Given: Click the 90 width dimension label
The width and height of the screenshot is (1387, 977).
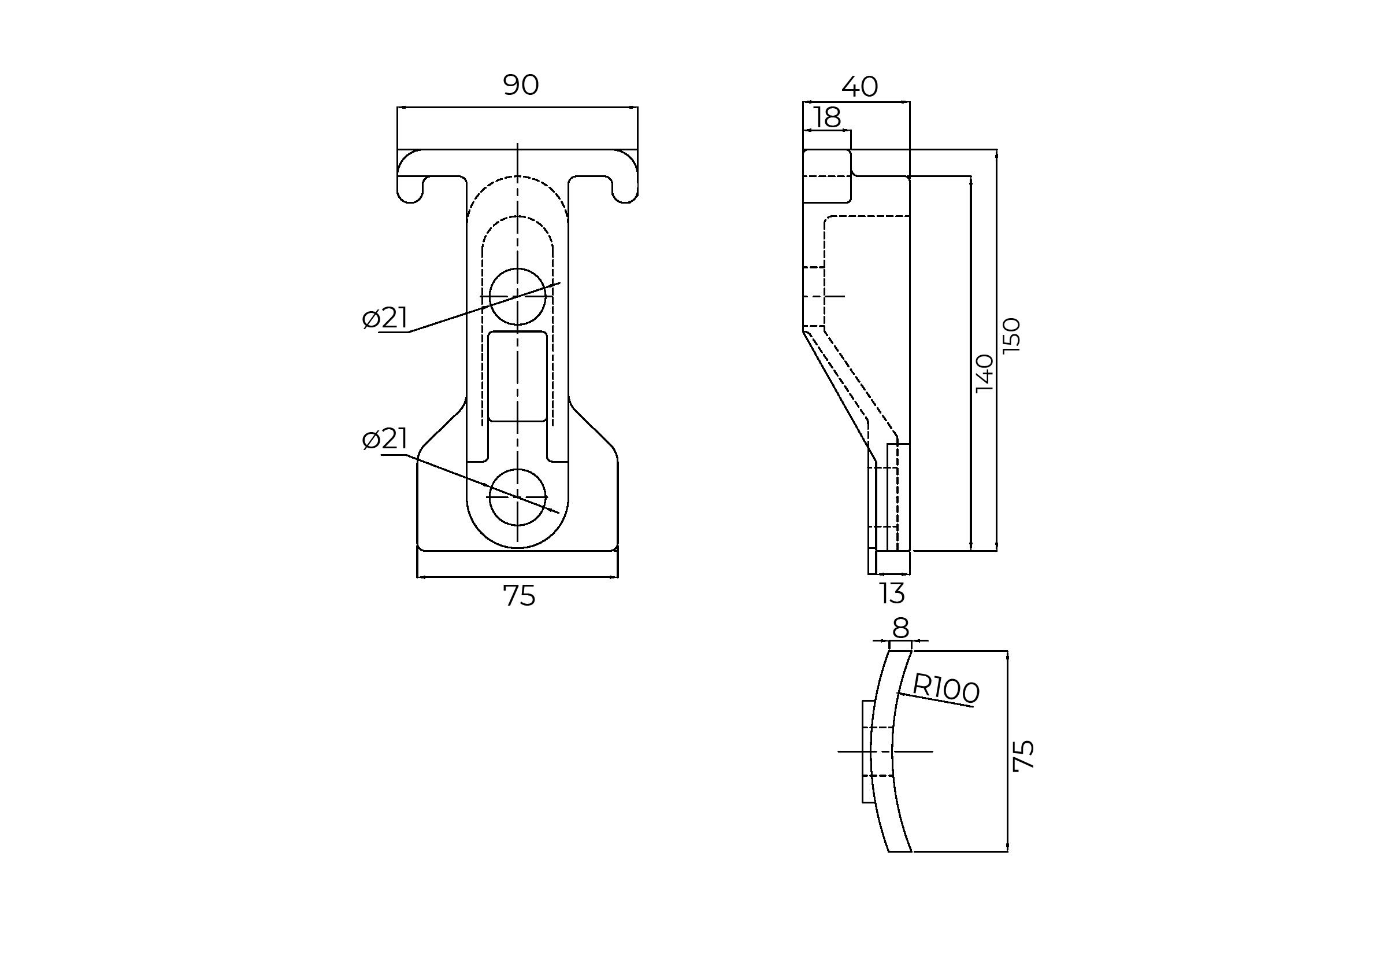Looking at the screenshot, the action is pos(521,85).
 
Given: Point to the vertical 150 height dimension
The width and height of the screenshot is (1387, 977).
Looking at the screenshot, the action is pos(1011,335).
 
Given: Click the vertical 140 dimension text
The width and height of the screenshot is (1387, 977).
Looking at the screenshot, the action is pos(985,373).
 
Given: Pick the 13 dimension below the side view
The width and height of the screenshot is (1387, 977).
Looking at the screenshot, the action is pos(892,593).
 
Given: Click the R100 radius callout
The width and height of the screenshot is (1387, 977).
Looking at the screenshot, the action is pos(945,688).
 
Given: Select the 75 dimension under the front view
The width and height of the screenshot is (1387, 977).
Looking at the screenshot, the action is pos(519,596).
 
